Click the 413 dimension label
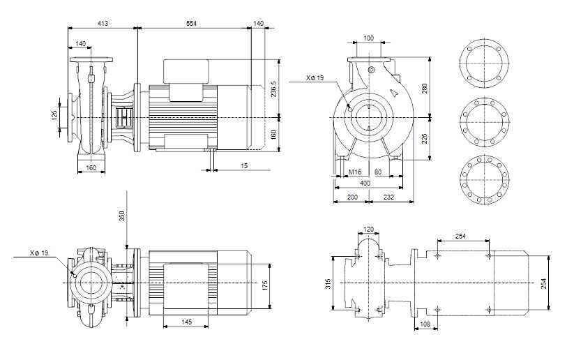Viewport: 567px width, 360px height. pos(103,24)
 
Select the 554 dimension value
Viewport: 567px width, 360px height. pos(191,24)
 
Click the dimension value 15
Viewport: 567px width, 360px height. pos(244,165)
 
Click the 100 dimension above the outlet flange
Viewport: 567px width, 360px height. pos(368,38)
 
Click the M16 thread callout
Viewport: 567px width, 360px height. pos(354,171)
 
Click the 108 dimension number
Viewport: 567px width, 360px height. pos(424,325)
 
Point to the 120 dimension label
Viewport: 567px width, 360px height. pos(369,229)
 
